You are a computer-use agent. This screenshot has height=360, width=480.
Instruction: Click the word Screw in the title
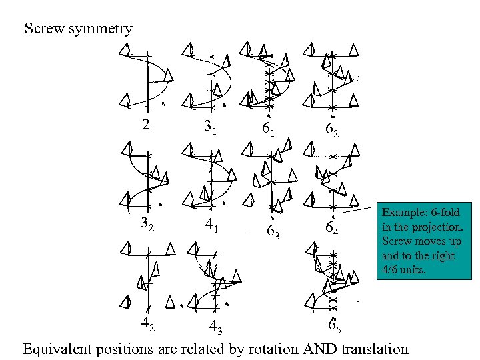pyautogui.click(x=44, y=29)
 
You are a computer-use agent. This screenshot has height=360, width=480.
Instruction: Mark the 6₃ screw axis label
pyautogui.click(x=273, y=231)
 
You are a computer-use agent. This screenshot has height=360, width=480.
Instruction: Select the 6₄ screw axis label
pyautogui.click(x=333, y=229)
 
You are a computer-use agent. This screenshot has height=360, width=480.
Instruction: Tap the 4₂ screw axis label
pyautogui.click(x=148, y=324)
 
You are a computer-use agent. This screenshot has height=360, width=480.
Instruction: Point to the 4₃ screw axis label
pyautogui.click(x=215, y=327)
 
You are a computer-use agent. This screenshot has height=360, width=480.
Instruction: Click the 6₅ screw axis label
pyautogui.click(x=335, y=327)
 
